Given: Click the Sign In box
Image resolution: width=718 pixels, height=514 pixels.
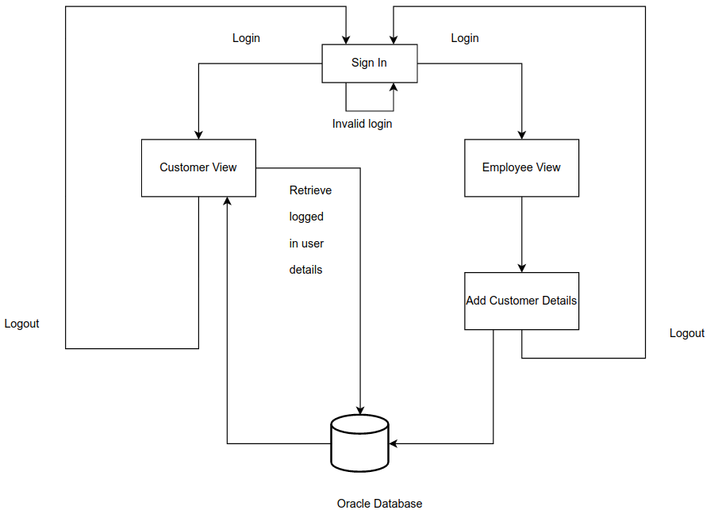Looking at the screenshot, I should [x=369, y=63].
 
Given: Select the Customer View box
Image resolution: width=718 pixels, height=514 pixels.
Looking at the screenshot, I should [x=198, y=167].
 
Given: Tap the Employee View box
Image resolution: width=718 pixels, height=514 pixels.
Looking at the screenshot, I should [x=521, y=167].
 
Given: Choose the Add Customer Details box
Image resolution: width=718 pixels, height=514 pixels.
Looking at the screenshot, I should [x=521, y=301].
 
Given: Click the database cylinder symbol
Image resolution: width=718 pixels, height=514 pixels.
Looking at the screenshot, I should [x=359, y=443].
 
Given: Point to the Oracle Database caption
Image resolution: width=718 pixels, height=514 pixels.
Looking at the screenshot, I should [x=379, y=504].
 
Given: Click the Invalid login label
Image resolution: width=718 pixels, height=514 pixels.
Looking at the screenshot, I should [x=362, y=124].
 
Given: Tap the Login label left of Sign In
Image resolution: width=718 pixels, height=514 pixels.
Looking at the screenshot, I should [x=246, y=38].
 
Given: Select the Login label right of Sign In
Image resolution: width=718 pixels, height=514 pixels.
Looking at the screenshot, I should [x=465, y=38].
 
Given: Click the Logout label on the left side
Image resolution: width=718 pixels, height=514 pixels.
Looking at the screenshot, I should [x=22, y=324].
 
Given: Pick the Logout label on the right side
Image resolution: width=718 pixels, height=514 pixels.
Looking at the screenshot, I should [x=687, y=333].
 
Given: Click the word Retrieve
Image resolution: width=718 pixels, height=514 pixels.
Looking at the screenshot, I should [x=310, y=190].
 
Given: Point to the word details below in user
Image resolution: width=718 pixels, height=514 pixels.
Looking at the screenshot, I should [x=305, y=270].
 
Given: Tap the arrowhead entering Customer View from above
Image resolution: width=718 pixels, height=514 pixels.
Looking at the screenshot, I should [x=198, y=134].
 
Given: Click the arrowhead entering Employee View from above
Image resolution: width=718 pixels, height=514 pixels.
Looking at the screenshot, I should [x=521, y=134].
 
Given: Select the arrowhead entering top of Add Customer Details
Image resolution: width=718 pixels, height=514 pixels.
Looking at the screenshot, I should [x=521, y=267].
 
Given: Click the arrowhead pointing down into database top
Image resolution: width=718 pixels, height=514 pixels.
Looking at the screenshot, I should [x=360, y=410].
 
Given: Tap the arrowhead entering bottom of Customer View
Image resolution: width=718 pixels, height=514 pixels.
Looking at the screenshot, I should [x=228, y=202].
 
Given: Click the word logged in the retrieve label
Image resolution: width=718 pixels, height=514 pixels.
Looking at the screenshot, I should [x=306, y=217].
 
